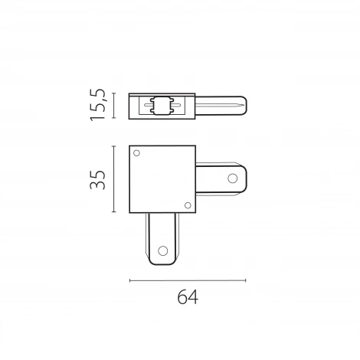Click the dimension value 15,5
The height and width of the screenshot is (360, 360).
(98, 106)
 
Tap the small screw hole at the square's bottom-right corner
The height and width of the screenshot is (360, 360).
(188, 203)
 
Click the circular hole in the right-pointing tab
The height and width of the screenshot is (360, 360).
(232, 180)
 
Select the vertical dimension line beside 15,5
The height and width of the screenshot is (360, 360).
(114, 106)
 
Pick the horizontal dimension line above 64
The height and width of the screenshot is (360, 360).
(188, 280)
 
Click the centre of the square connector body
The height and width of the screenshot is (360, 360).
(163, 179)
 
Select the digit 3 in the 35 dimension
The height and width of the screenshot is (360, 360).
(97, 188)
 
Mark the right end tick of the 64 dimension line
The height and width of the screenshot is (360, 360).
(246, 280)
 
